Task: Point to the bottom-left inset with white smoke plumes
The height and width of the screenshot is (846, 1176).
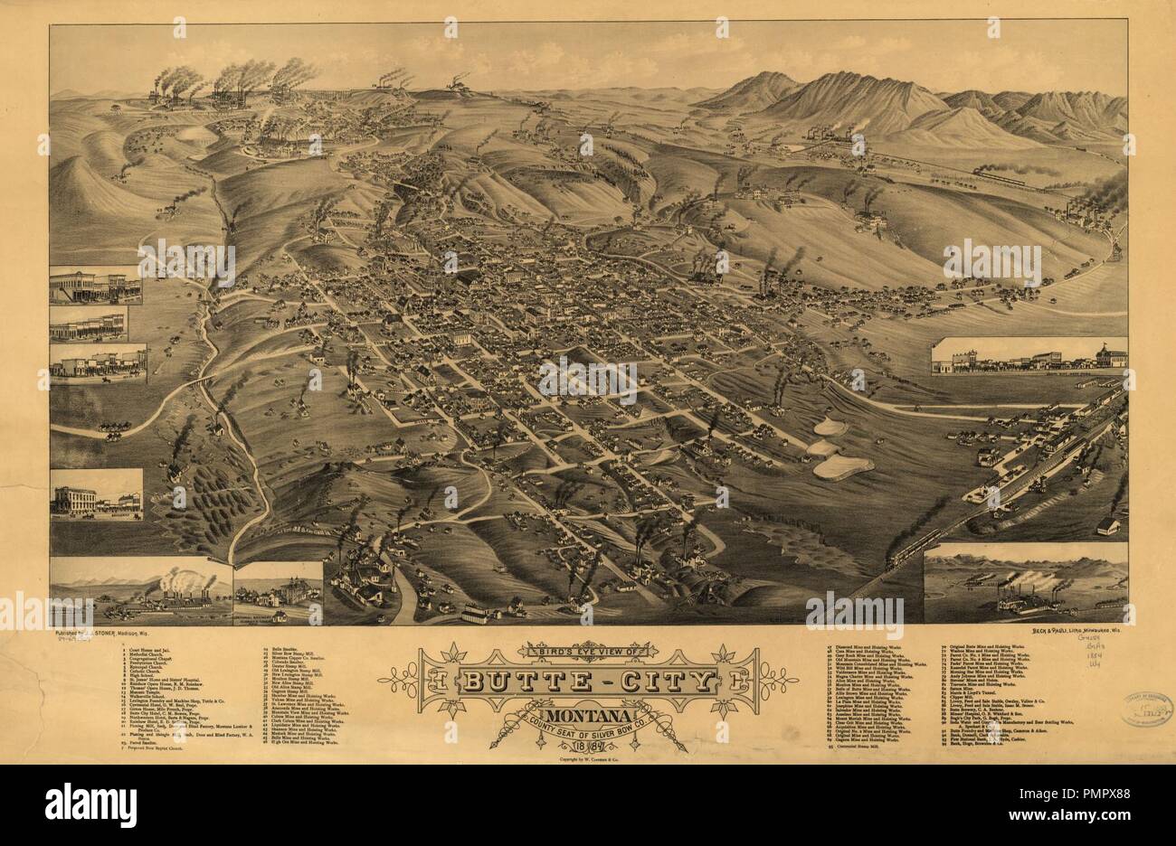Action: [x=141, y=593]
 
